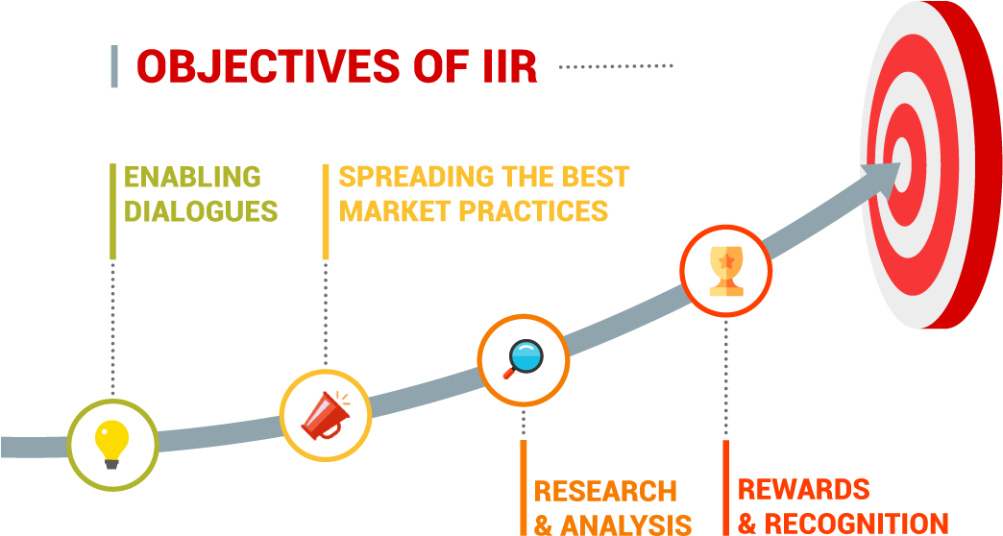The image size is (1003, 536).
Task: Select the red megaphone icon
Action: (326, 415)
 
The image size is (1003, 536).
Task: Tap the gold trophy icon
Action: (726, 271)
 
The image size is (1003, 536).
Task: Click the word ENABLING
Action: (192, 177)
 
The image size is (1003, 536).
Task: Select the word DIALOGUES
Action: (201, 211)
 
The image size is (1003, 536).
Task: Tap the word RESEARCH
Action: (606, 491)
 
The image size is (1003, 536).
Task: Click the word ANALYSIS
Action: (626, 525)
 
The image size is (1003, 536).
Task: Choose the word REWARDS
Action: (804, 489)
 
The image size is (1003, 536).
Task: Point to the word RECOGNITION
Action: (857, 524)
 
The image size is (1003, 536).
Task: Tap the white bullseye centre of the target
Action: (902, 164)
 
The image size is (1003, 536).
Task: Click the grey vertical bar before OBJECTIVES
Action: (114, 66)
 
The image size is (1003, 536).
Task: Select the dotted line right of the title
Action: (616, 66)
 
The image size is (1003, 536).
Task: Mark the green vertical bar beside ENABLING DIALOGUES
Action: (113, 211)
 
